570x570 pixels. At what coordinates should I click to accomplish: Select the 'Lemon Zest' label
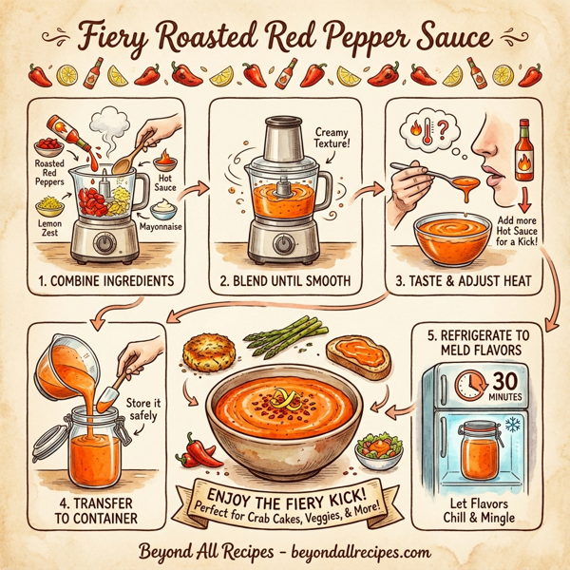pyautogui.click(x=47, y=224)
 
